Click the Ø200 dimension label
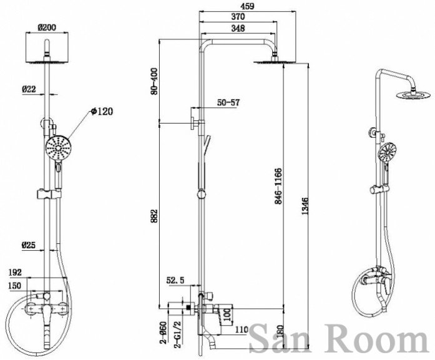point(47,27)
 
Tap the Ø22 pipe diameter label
point(29,89)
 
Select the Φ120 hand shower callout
point(102,112)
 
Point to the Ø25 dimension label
point(29,245)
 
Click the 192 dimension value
point(15,273)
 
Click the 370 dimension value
point(238,17)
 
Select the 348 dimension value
point(238,28)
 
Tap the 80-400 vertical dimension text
point(154,81)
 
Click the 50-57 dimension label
point(228,102)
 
